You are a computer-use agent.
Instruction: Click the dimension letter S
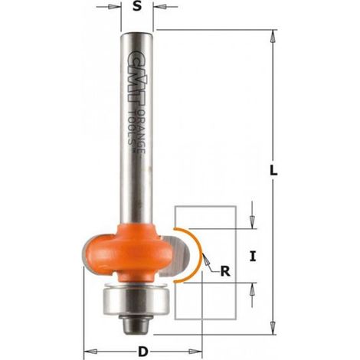(x=137, y=6)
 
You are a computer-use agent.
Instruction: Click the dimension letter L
(x=273, y=171)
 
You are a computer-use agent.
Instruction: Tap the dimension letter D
(x=143, y=352)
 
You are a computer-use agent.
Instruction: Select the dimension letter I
(x=253, y=256)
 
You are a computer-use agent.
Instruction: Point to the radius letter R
(x=225, y=271)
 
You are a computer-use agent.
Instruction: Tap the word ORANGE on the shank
(x=141, y=132)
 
